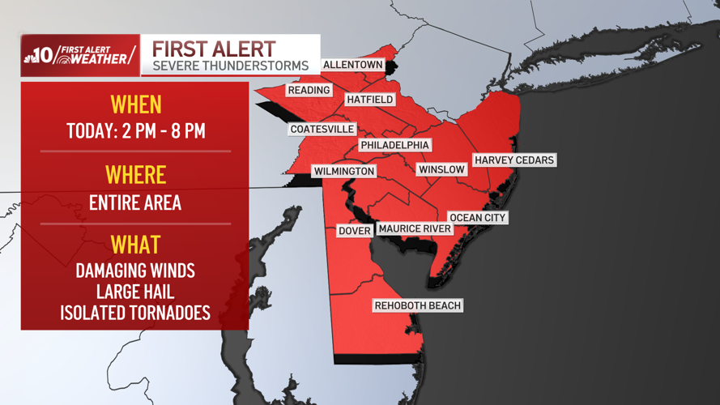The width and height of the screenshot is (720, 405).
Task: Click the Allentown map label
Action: click(352, 65)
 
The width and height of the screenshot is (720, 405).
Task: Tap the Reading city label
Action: click(309, 91)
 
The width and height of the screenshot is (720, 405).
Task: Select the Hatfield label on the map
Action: click(369, 100)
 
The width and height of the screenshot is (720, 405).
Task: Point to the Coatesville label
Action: click(322, 130)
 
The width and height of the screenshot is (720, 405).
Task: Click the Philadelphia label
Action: click(394, 145)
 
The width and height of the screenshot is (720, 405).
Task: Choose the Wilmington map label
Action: click(344, 172)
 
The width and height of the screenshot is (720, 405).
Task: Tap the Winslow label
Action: click(441, 169)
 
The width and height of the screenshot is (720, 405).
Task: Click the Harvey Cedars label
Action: click(514, 160)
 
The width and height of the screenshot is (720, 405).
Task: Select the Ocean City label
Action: click(478, 218)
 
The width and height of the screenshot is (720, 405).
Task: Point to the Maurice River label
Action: click(415, 229)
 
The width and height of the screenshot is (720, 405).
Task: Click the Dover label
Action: click(354, 231)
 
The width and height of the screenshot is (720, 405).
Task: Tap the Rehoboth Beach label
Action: click(417, 305)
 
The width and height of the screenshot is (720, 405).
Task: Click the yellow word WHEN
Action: click(135, 104)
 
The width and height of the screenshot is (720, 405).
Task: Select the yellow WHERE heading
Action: click(135, 175)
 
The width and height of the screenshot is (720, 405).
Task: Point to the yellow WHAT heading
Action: click(135, 245)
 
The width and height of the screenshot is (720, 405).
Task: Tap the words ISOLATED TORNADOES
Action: click(135, 313)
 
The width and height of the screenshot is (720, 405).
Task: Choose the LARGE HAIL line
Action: click(135, 292)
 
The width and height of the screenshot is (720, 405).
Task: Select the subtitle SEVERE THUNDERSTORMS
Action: click(231, 65)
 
